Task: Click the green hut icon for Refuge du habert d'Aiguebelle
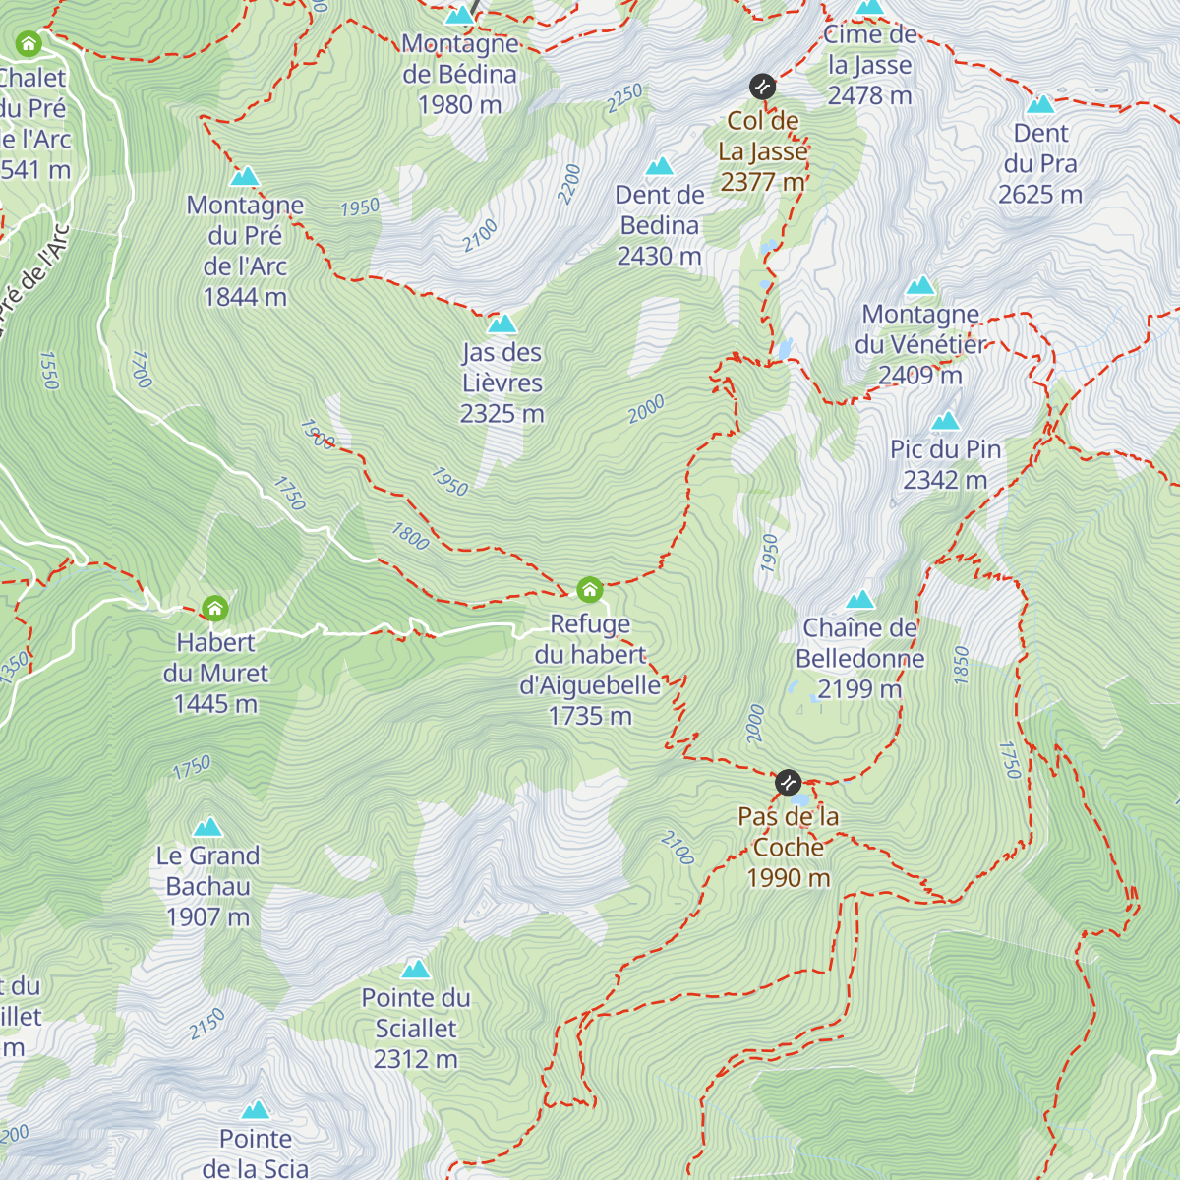click(x=589, y=589)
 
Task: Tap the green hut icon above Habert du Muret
click(x=214, y=608)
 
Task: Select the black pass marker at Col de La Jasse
click(x=762, y=87)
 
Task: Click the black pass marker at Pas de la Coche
click(x=788, y=783)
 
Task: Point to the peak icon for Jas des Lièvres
click(x=501, y=324)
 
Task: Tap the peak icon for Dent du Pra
click(x=1040, y=104)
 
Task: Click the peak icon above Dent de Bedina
click(x=660, y=165)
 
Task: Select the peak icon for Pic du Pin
click(x=945, y=421)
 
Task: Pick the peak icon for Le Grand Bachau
click(x=207, y=827)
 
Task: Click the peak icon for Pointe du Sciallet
click(x=415, y=970)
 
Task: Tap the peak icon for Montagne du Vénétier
click(x=920, y=286)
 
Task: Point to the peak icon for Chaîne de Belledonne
click(x=860, y=599)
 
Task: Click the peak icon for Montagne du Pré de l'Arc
click(x=245, y=177)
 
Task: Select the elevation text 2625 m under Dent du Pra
click(x=1040, y=195)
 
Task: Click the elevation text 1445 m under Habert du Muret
click(x=215, y=704)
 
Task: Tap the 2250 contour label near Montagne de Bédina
click(x=624, y=97)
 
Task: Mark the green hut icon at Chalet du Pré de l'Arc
click(x=29, y=43)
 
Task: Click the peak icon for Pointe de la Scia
click(x=256, y=1110)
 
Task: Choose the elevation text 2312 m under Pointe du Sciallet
click(x=415, y=1059)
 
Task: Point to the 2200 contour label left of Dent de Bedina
click(x=569, y=184)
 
